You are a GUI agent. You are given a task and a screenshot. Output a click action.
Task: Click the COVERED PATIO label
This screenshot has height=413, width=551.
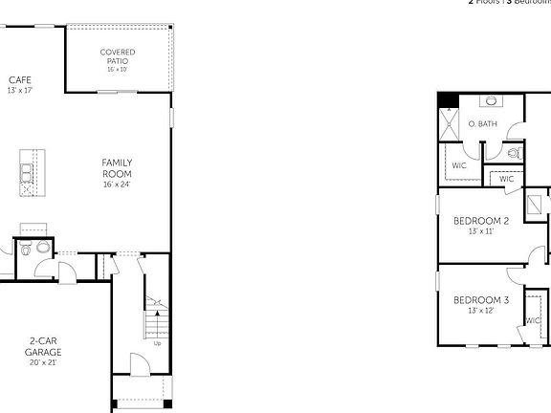(118, 55)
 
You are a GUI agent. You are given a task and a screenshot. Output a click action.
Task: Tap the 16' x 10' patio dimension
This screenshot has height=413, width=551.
(118, 69)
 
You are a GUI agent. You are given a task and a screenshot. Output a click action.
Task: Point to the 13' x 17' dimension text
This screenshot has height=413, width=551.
(20, 90)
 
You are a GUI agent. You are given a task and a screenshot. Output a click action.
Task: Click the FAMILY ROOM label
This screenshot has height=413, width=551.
(117, 168)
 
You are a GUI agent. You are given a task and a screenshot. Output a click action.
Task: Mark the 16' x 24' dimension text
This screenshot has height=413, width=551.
(117, 185)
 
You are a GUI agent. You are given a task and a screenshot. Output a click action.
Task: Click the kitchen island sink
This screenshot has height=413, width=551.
(26, 173)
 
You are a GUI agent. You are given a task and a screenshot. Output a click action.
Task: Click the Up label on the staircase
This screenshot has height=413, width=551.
(157, 343)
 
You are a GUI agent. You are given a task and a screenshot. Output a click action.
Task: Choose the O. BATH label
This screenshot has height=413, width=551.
(483, 124)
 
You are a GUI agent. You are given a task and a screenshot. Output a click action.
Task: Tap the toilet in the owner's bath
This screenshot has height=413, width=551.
(514, 152)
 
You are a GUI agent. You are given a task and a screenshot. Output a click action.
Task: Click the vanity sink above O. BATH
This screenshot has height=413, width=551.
(490, 100)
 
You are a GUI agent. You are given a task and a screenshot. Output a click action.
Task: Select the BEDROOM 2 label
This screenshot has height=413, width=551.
(480, 221)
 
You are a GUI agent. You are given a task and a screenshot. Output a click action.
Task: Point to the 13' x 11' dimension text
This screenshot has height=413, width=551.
(480, 232)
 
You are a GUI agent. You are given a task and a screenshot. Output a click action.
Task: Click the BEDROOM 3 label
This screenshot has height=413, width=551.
(480, 300)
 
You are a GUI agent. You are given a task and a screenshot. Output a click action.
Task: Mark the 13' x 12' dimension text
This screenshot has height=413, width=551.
(480, 312)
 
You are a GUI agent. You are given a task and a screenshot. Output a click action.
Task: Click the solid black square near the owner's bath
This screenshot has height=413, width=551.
(447, 100)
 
